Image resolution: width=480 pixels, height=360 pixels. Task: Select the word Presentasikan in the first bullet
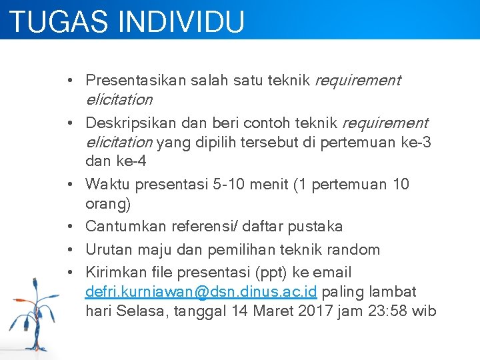pos(136,81)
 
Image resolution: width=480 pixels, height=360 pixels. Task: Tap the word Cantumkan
pos(126,227)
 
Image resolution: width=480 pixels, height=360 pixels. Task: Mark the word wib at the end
pos(424,311)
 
